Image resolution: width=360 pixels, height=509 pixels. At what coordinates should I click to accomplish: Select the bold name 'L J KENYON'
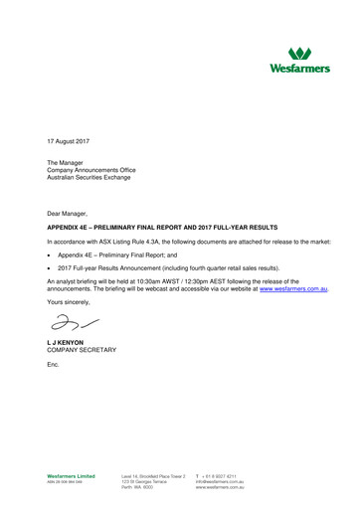(x=68, y=343)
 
